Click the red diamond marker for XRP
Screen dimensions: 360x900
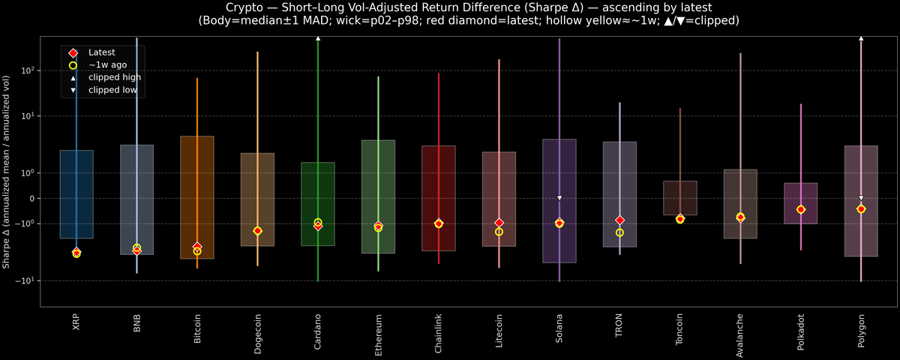point(76,252)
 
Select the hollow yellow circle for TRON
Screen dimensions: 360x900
point(619,232)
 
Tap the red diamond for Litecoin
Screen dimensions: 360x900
point(499,223)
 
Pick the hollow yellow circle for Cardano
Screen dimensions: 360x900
point(318,222)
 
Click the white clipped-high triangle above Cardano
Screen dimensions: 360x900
point(318,37)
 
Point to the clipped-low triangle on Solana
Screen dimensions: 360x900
point(559,198)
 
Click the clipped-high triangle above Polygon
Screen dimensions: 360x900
point(861,37)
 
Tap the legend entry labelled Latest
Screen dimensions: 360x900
point(100,52)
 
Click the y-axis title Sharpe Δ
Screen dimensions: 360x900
point(7,172)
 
